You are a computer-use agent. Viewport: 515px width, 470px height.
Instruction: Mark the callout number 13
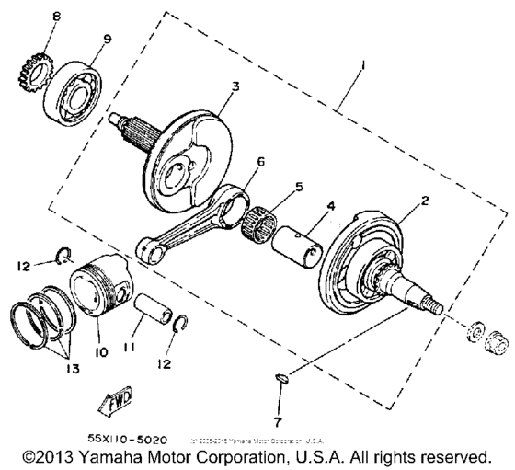[70, 369]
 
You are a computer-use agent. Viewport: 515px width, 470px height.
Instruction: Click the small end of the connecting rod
[147, 247]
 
